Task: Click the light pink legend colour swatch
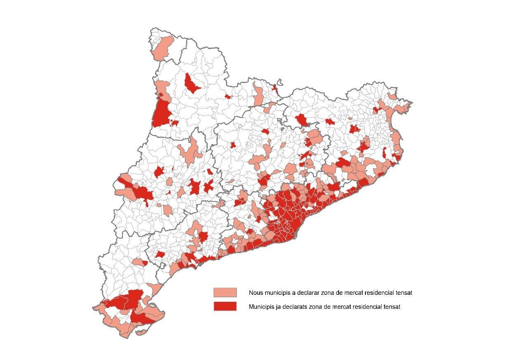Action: click(225, 292)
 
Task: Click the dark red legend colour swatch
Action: click(225, 306)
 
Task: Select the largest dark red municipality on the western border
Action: click(162, 113)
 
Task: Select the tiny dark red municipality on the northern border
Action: click(275, 88)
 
